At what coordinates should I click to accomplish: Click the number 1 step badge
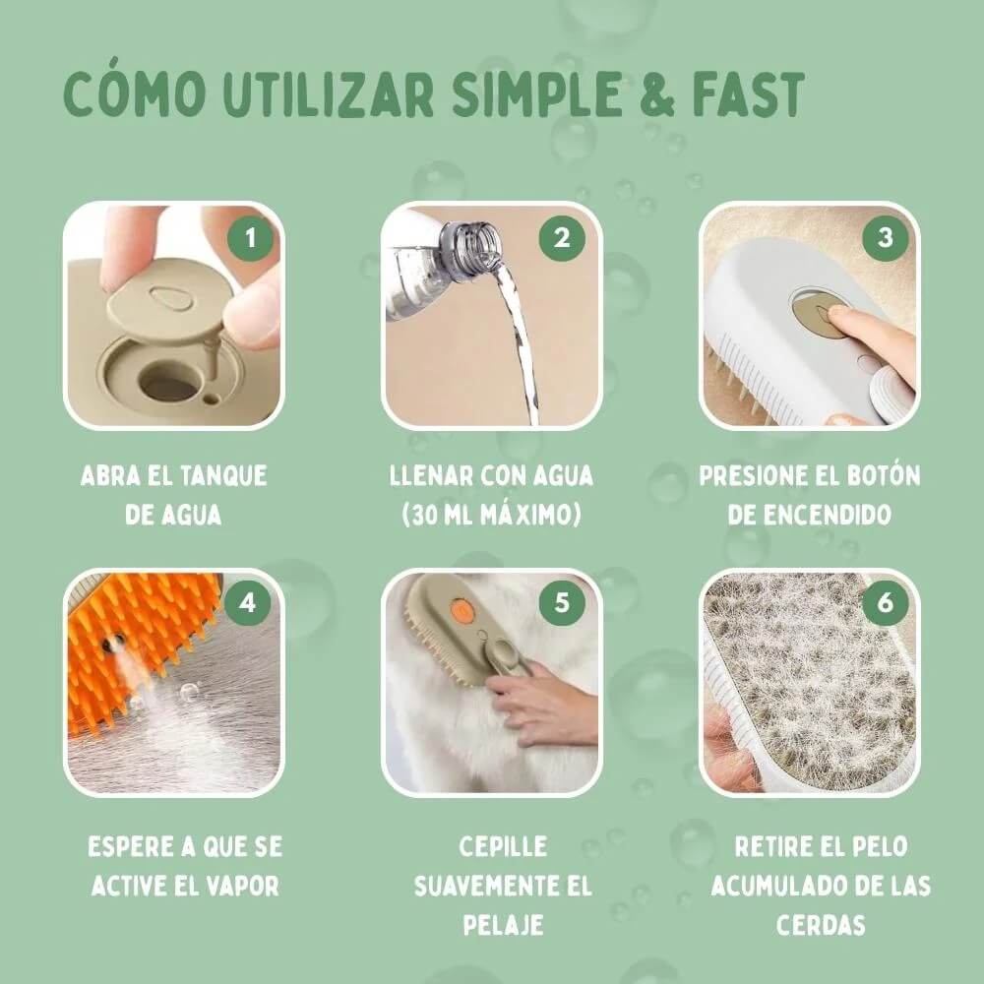point(251,238)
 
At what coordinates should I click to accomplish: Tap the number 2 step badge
point(562,238)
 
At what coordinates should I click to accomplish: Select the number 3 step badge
point(885,238)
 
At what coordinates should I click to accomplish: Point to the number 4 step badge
point(247,603)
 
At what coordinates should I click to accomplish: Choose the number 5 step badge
point(562,603)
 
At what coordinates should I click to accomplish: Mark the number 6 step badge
point(885,603)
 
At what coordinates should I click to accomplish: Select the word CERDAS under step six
point(821,925)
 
